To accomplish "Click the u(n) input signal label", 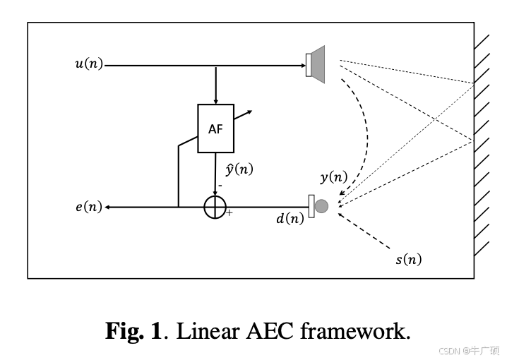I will pyautogui.click(x=88, y=65).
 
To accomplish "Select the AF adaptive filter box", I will pyautogui.click(x=215, y=128).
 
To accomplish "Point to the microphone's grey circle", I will pyautogui.click(x=322, y=206).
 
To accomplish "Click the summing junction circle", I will pyautogui.click(x=215, y=207).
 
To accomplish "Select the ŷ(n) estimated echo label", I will pyautogui.click(x=239, y=169).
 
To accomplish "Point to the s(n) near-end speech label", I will pyautogui.click(x=408, y=259).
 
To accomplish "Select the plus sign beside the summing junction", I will pyautogui.click(x=229, y=213).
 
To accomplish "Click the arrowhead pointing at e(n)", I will pyautogui.click(x=109, y=207).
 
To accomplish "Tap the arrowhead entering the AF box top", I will pyautogui.click(x=215, y=100).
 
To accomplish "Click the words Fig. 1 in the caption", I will pyautogui.click(x=134, y=330).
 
